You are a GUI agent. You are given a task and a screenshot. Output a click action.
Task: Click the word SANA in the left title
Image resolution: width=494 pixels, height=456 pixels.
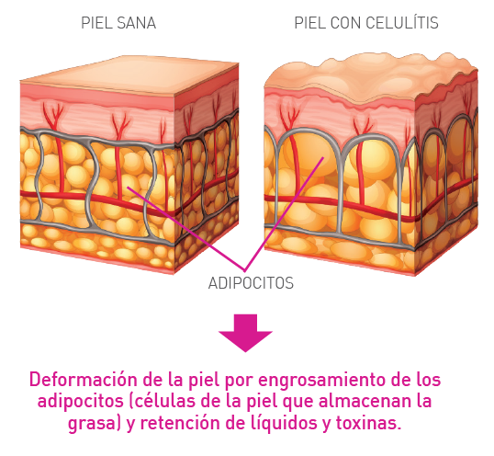pyautogui.click(x=136, y=23)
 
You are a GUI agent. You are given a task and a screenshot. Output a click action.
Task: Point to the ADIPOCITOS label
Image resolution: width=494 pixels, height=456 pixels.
pyautogui.click(x=251, y=283)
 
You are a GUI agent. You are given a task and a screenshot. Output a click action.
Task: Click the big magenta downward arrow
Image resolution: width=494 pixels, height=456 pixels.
pyautogui.click(x=245, y=333)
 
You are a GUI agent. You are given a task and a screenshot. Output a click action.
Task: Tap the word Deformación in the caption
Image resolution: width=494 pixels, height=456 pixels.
pyautogui.click(x=84, y=380)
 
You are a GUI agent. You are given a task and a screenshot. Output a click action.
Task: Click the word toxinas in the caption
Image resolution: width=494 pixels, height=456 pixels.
pyautogui.click(x=368, y=423)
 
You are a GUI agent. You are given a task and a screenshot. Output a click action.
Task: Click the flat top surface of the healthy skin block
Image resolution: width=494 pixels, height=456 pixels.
pyautogui.click(x=129, y=75)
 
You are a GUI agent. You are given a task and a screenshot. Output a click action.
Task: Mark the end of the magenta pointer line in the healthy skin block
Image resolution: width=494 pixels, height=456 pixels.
pyautogui.click(x=128, y=187)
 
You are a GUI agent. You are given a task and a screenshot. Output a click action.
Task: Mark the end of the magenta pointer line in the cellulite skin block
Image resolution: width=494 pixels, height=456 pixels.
pyautogui.click(x=323, y=157)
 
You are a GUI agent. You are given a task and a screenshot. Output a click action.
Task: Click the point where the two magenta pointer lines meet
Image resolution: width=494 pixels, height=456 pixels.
pyautogui.click(x=245, y=270)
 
